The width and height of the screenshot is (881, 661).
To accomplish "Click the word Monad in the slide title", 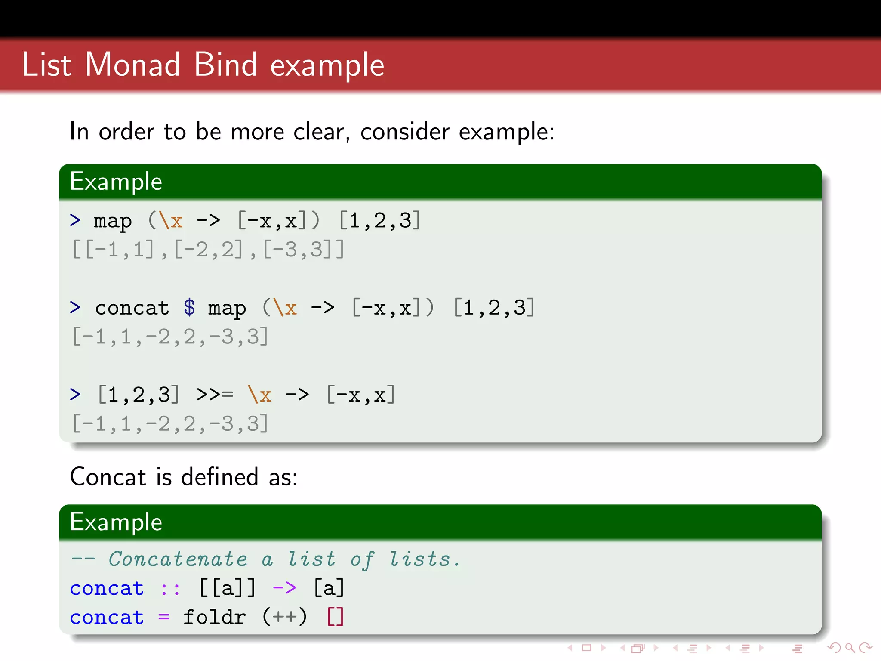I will point(132,65).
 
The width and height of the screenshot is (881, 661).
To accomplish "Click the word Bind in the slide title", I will point(225,65).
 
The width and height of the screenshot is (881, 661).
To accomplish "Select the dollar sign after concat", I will point(189,308).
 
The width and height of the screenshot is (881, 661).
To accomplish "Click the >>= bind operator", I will point(215,394).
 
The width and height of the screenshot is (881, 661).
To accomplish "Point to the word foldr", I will point(215,617).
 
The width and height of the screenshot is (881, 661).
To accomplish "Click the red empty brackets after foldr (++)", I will point(336,617).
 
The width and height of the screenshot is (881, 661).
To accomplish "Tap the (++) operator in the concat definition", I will point(284,617).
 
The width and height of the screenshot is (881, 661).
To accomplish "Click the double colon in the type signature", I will point(170,589).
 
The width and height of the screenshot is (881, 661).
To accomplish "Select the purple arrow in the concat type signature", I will point(284,588).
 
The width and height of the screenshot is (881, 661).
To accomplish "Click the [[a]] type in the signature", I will point(228,588).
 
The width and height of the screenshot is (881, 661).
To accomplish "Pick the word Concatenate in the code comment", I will point(178,559).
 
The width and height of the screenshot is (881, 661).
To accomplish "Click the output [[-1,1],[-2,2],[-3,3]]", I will point(208,250).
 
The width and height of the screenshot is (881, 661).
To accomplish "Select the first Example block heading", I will point(116,182).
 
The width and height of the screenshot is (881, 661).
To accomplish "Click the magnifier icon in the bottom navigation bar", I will point(850,648).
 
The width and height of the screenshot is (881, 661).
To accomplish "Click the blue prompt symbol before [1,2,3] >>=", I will point(75,394).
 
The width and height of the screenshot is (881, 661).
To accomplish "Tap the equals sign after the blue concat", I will point(164,618).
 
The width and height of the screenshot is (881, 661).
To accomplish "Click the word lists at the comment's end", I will point(419,559).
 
